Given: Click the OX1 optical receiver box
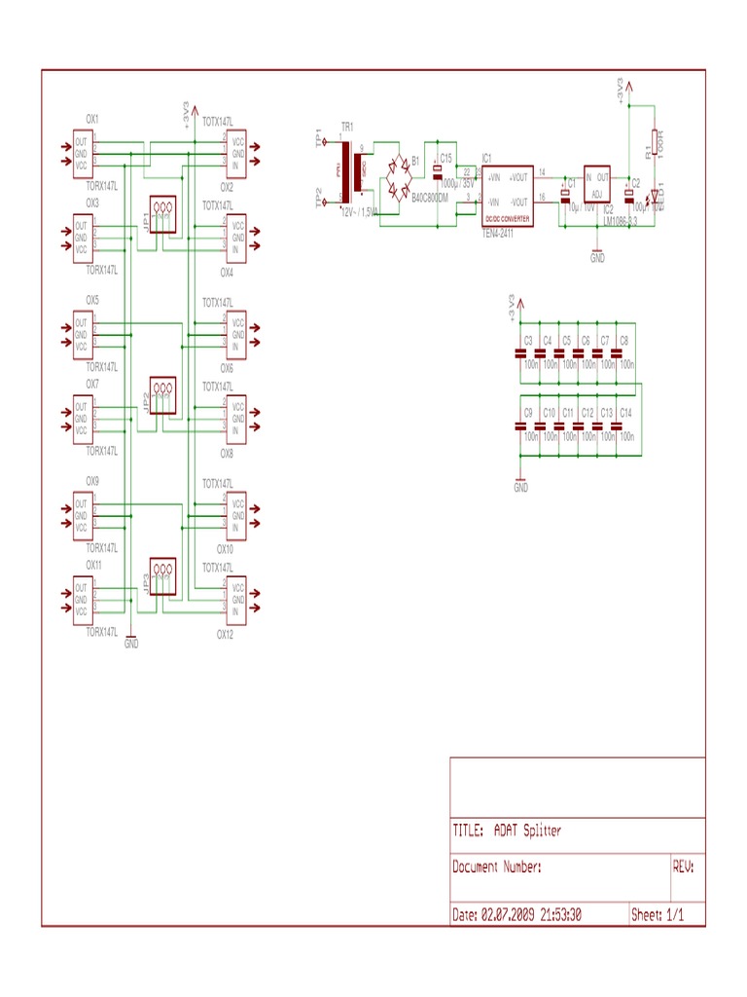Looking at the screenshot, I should (82, 154).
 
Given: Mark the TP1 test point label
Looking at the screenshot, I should (318, 139).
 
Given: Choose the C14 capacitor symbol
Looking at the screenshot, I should (617, 425).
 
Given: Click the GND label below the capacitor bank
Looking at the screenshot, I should (520, 487).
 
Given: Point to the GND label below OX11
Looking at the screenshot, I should (131, 644).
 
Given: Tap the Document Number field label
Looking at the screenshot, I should (497, 867).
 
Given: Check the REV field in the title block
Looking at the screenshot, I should (684, 867).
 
